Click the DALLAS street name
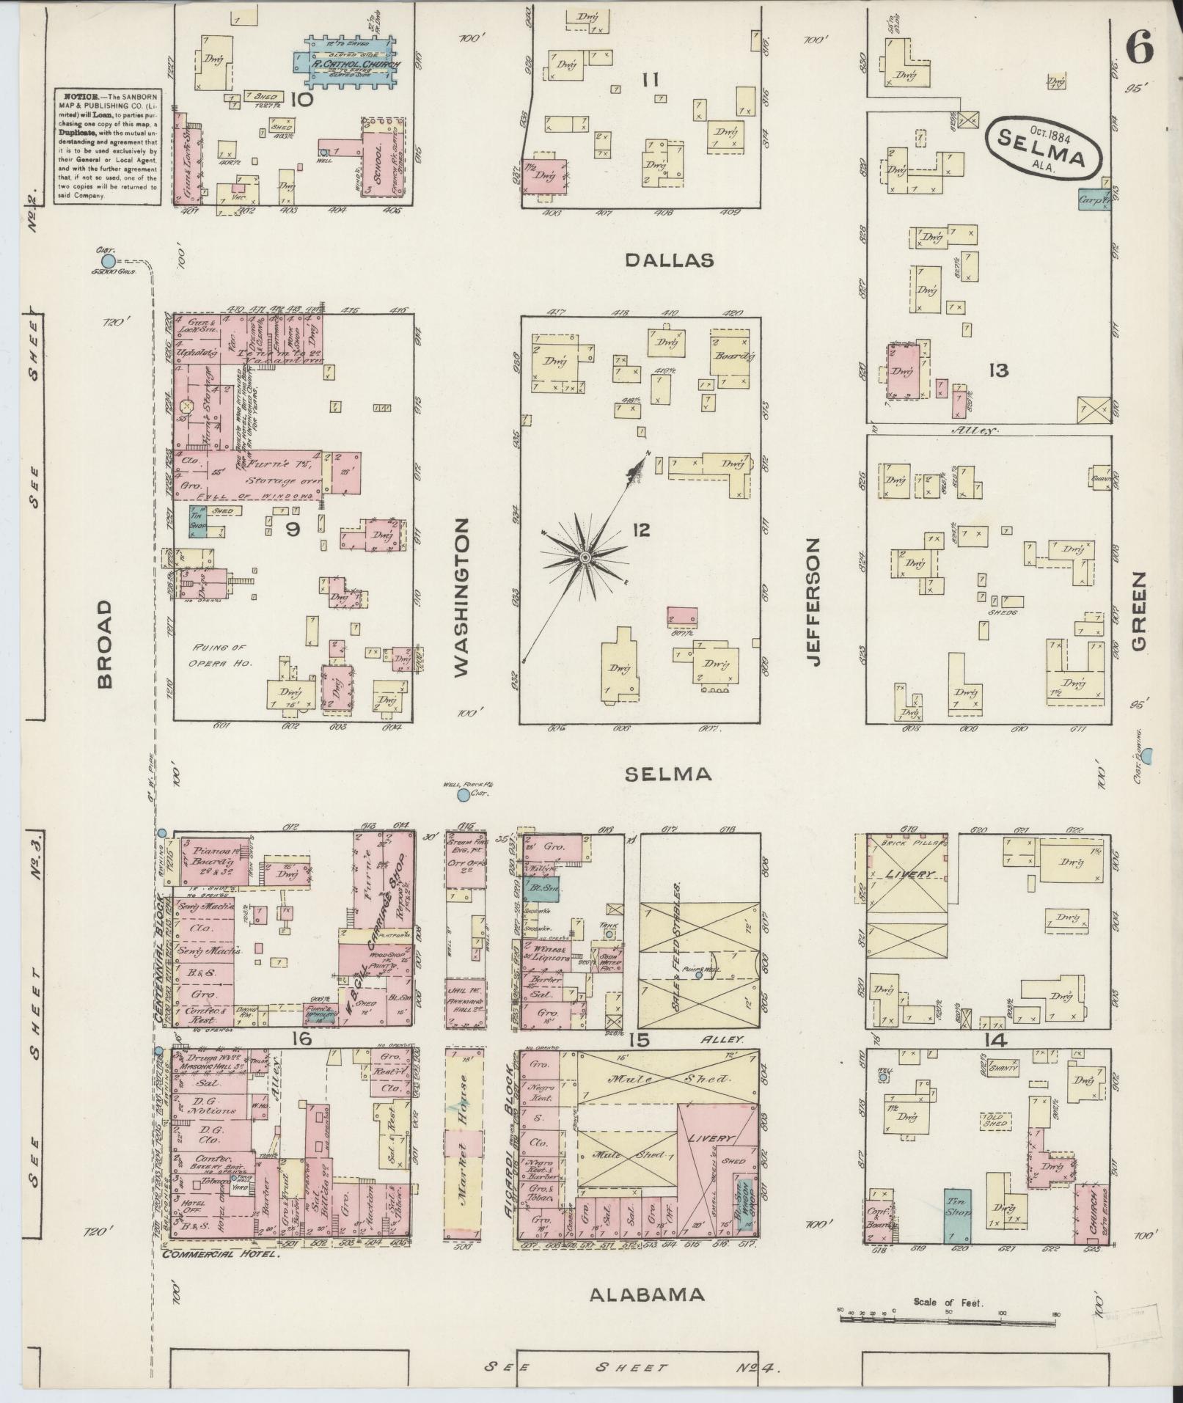click(670, 260)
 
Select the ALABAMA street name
click(648, 1294)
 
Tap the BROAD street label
click(106, 644)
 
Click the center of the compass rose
click(585, 558)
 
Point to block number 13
click(997, 370)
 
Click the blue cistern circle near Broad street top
click(109, 261)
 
